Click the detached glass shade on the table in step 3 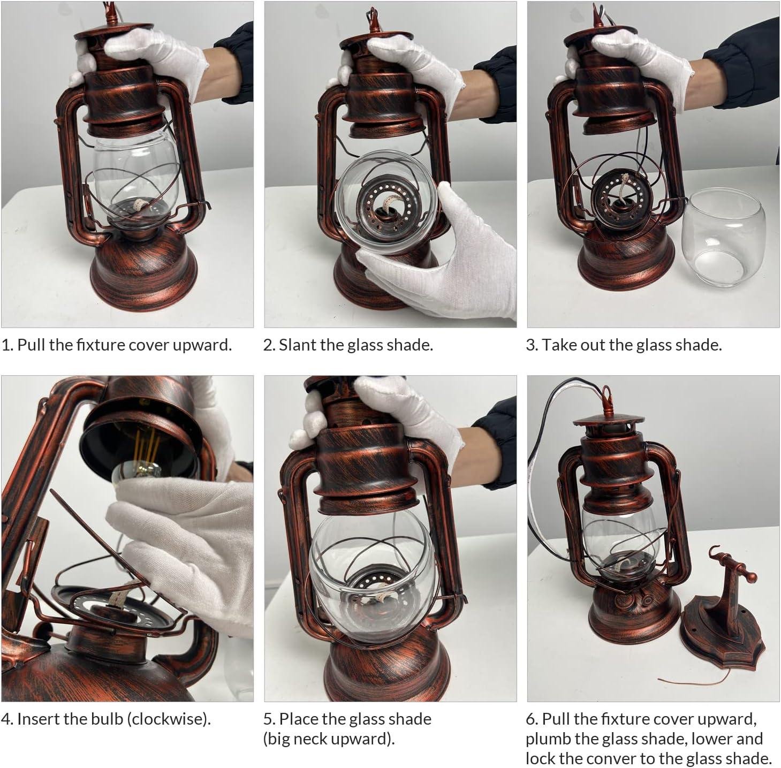[x=724, y=238]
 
